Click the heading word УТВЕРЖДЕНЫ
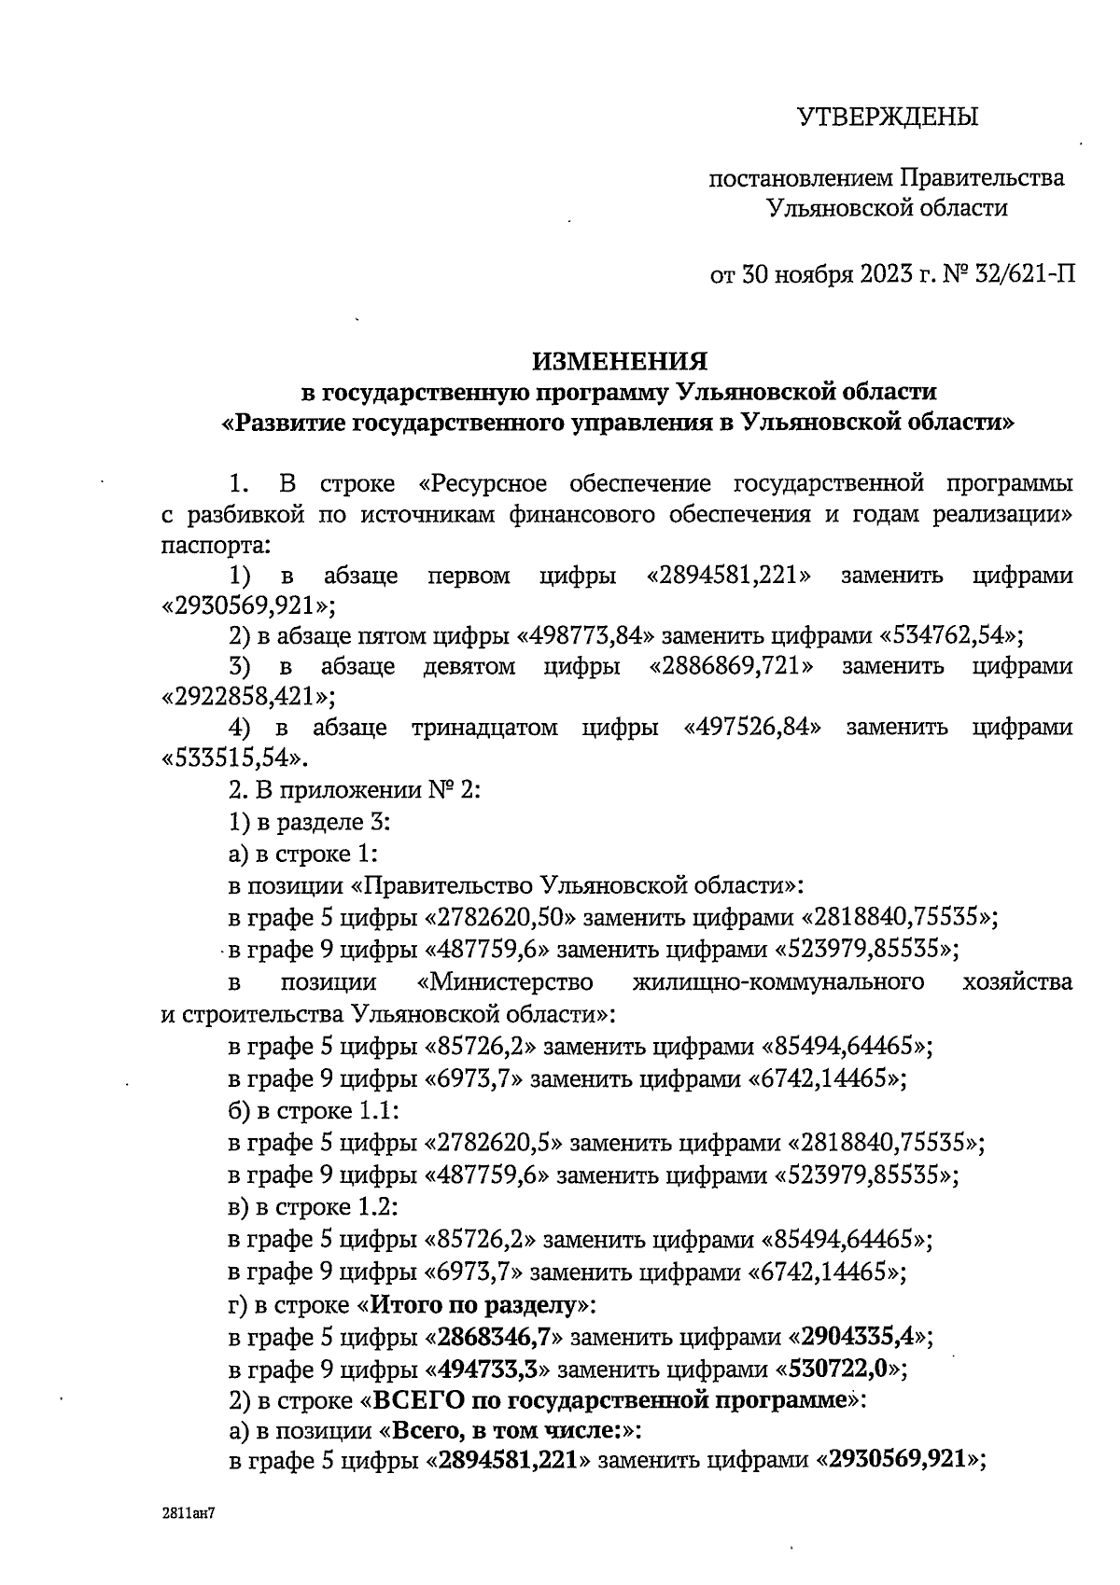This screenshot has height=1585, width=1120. [x=887, y=118]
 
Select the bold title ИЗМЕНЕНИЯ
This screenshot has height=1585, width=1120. [x=620, y=360]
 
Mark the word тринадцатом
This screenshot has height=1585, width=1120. [x=484, y=727]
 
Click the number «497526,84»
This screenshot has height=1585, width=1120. [x=752, y=727]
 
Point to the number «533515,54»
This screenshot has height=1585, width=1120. [x=234, y=757]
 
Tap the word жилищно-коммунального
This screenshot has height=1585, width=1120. [x=778, y=982]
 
